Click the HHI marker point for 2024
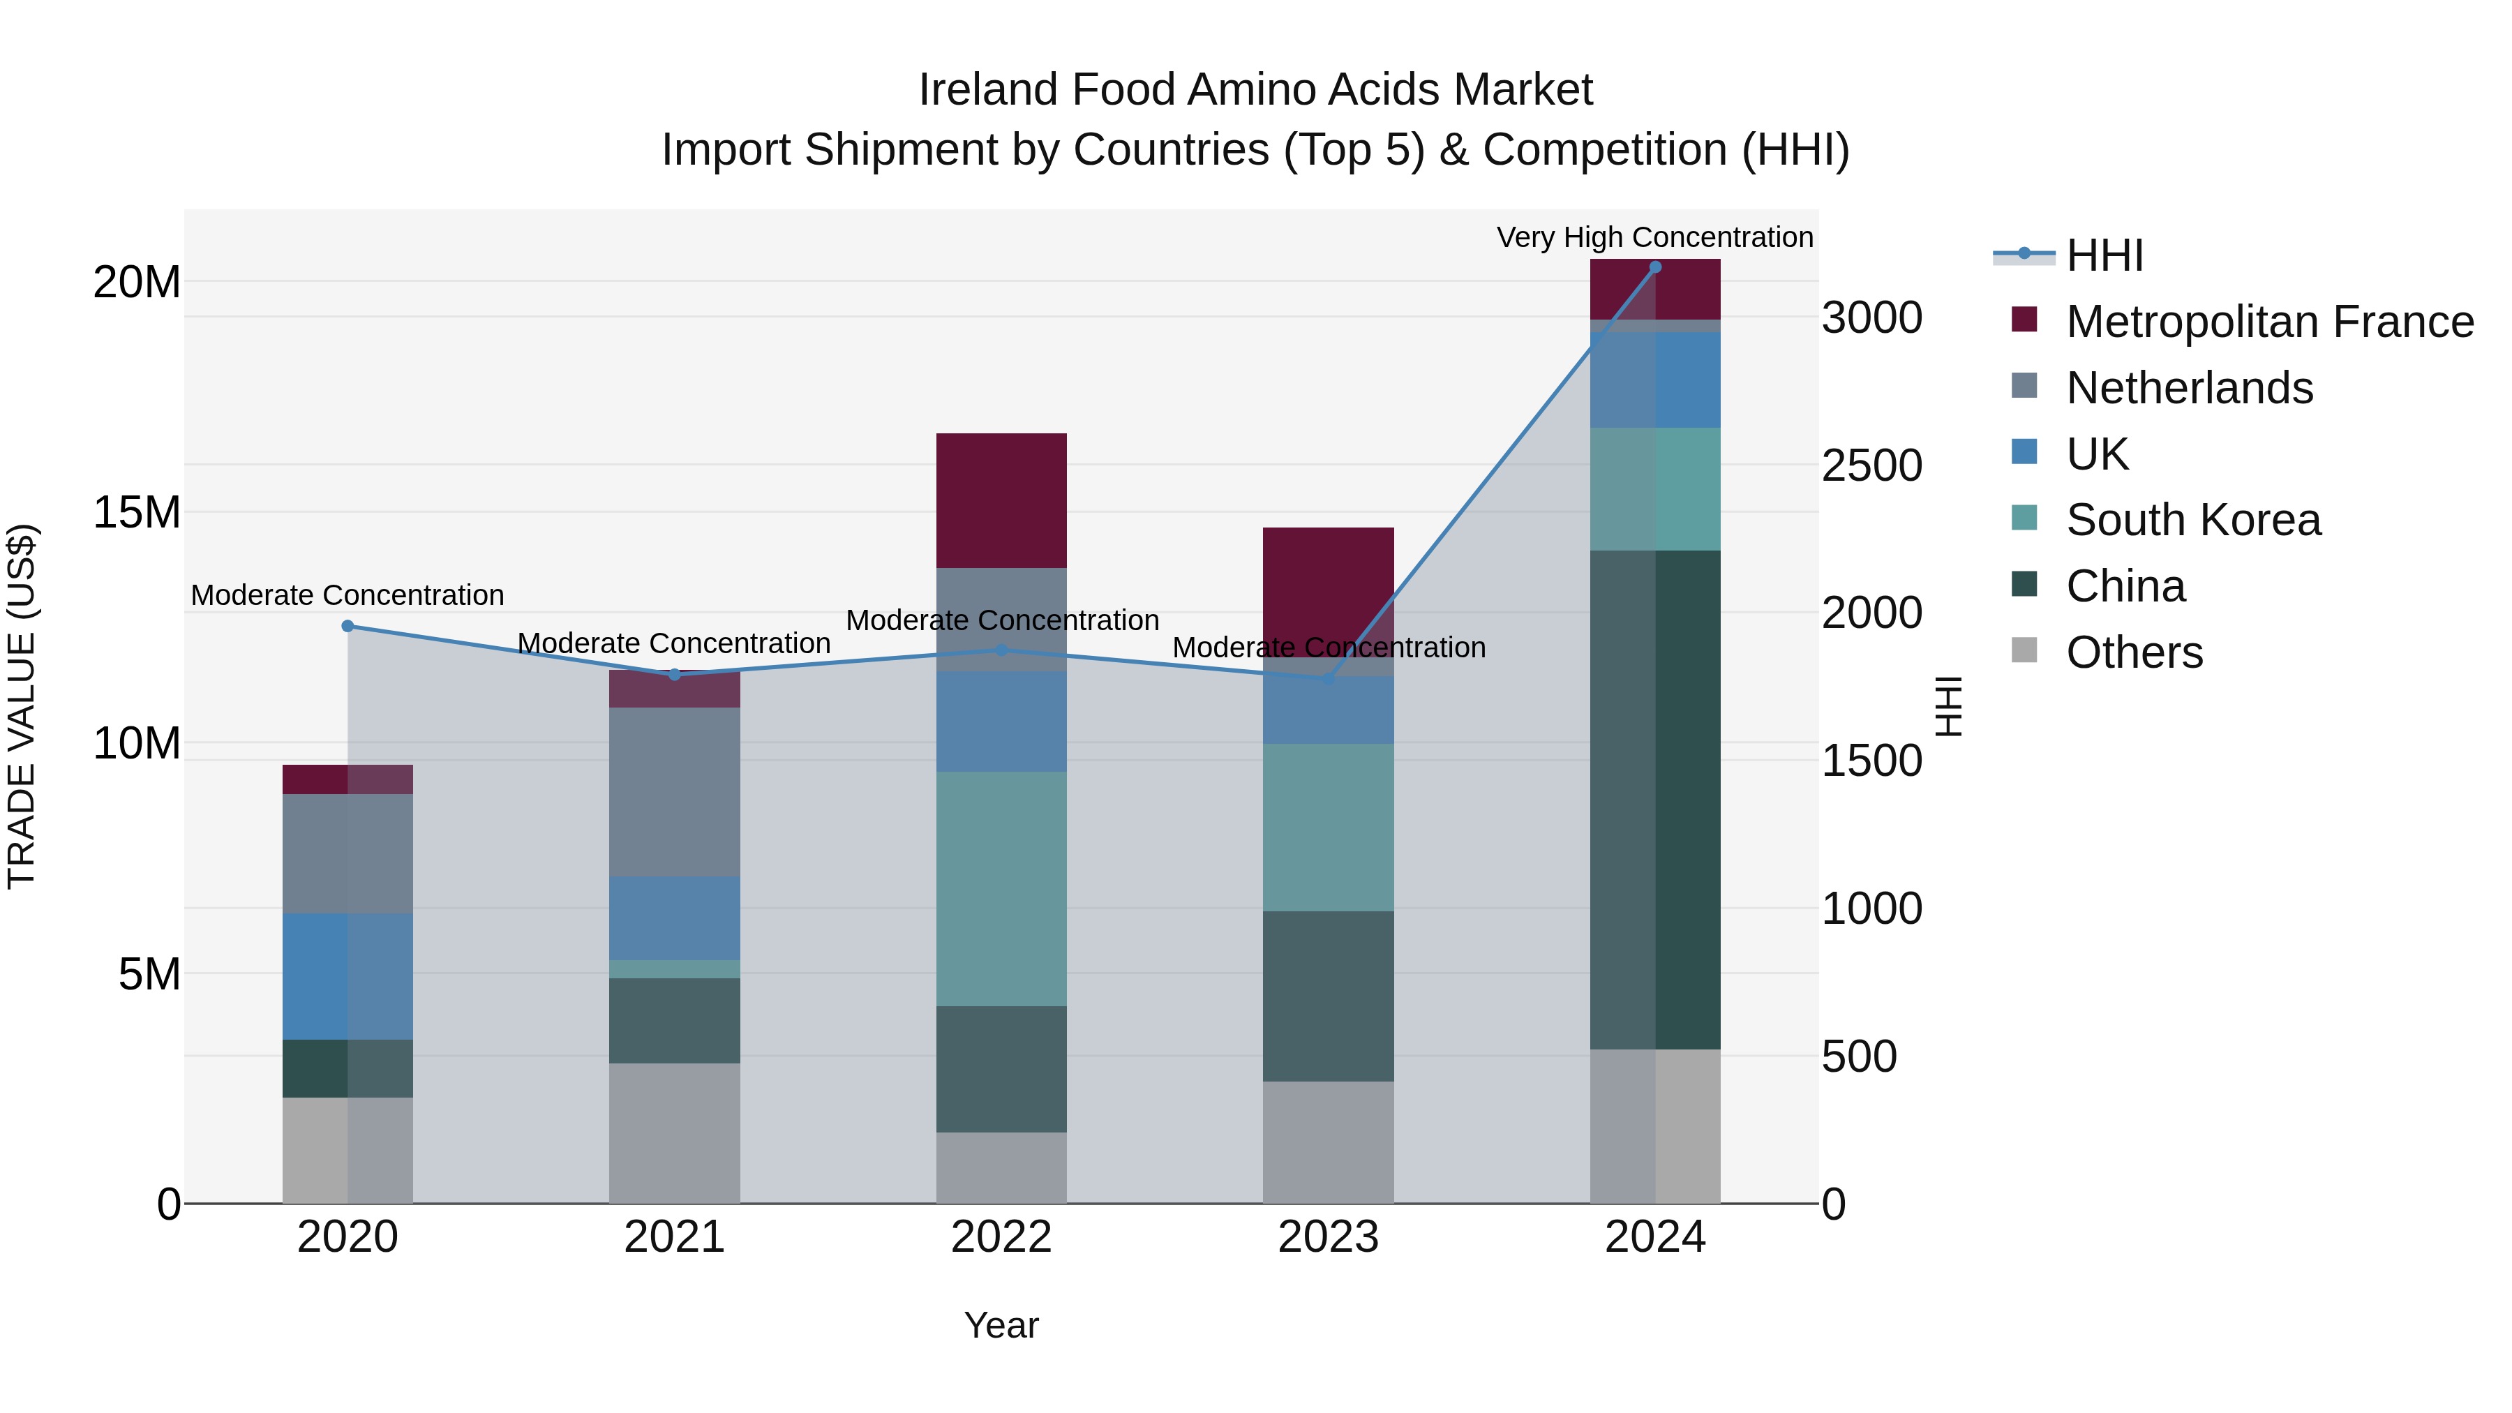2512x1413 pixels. click(1655, 267)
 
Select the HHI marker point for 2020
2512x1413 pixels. click(347, 626)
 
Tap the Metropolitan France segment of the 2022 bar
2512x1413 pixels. click(1001, 500)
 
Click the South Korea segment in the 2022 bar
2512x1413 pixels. click(1001, 888)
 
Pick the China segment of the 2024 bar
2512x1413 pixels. click(1655, 800)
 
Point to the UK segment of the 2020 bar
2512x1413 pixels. click(347, 976)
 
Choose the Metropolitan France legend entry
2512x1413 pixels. click(2269, 322)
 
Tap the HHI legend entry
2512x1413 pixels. click(2104, 255)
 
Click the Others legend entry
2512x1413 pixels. click(2134, 652)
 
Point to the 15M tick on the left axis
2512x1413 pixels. click(137, 513)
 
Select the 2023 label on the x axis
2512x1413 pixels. click(1327, 1237)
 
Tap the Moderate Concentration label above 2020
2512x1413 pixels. click(347, 595)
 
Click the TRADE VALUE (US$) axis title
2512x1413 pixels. click(22, 706)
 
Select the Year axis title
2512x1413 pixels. click(1001, 1325)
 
